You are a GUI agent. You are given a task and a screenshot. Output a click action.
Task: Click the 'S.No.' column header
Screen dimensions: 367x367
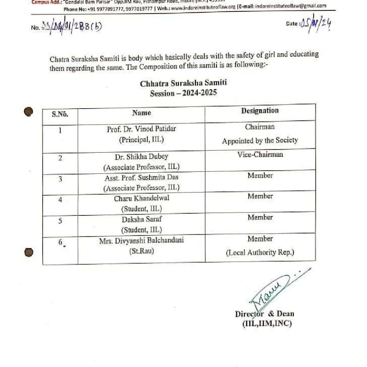[x=60, y=114]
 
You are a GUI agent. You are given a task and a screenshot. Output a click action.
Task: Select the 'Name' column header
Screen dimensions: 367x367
[x=142, y=113]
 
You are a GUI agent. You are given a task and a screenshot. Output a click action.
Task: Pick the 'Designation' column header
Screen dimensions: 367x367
[x=260, y=111]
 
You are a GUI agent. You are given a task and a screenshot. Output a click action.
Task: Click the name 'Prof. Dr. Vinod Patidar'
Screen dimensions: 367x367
[x=142, y=129]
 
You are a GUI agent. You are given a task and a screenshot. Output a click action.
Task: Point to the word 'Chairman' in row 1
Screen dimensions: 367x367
[x=260, y=127]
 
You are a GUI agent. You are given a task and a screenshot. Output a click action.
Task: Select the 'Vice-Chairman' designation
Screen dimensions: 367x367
[x=260, y=154]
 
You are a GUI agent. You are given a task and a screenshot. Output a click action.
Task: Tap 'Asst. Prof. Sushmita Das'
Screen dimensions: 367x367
[x=142, y=177]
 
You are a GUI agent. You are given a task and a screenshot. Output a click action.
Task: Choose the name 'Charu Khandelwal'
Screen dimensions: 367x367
[x=142, y=198]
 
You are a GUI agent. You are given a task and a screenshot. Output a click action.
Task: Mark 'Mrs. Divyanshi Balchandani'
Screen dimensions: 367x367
[x=142, y=240]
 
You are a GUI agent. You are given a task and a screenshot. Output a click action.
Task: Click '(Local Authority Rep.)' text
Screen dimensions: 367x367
[x=260, y=253]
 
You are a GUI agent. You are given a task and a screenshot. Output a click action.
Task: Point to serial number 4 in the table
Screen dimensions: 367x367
[x=60, y=200]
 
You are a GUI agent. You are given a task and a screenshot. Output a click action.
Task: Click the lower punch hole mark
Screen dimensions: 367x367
[x=29, y=253]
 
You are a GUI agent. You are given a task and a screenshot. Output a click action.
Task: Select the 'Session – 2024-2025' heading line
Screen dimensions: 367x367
[x=183, y=93]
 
